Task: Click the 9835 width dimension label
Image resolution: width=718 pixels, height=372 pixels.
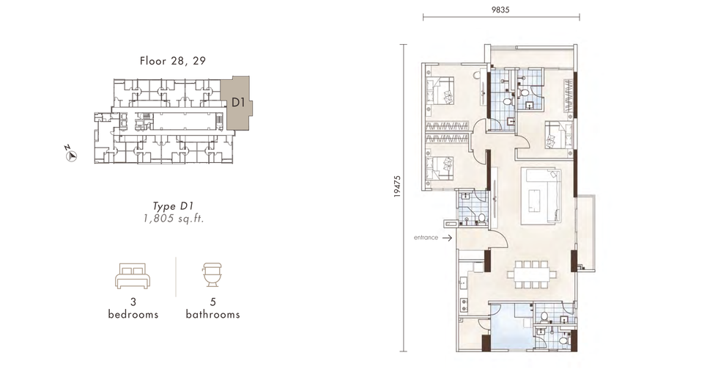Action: pos(500,10)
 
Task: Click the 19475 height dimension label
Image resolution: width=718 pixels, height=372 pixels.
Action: pos(397,186)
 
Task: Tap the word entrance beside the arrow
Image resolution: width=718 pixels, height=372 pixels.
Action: pos(426,238)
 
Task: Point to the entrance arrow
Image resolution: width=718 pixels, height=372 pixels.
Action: pos(448,238)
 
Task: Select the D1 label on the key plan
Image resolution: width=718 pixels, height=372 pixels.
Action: pos(238,102)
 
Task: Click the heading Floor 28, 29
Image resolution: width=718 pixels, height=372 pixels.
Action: pos(173,61)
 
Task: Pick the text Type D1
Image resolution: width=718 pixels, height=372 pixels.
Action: pos(173,206)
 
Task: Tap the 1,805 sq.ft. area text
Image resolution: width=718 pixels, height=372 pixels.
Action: pos(174,219)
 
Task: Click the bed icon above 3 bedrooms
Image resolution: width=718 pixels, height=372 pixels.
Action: pos(133,276)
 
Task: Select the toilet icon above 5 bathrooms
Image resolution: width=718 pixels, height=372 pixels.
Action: pos(212,274)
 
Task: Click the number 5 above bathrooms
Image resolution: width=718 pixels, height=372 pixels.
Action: pos(213,302)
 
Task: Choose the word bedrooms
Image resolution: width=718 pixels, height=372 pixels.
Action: pos(133,314)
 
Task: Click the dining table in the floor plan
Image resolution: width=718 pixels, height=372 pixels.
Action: pos(532,274)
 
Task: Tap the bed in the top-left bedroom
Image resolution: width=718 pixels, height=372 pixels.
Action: pos(440,91)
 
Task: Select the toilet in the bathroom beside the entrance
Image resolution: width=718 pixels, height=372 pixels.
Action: pos(481,218)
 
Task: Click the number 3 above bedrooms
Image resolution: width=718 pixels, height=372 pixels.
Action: pos(133,302)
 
